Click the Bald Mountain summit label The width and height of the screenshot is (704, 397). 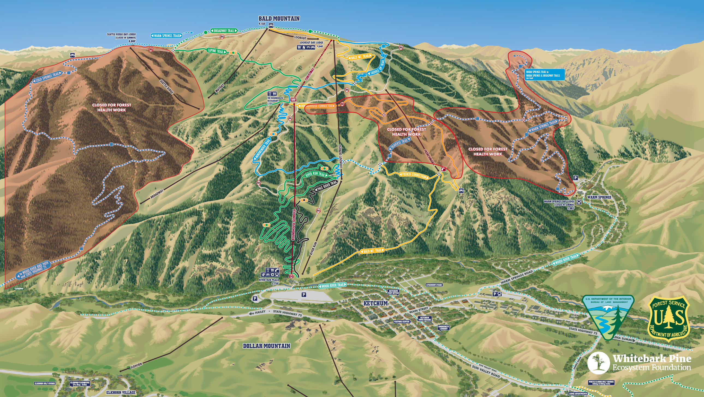click(x=279, y=19)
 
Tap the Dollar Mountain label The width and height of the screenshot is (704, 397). click(x=267, y=346)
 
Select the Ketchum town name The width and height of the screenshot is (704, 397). click(x=375, y=303)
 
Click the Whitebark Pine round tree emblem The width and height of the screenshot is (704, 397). click(x=598, y=363)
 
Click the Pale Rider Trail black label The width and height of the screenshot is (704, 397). click(x=326, y=186)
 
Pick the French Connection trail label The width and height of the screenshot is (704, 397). click(x=414, y=175)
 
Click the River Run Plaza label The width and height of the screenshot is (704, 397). click(x=269, y=280)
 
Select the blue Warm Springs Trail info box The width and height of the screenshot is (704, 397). click(x=545, y=74)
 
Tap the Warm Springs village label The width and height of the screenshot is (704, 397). click(x=599, y=197)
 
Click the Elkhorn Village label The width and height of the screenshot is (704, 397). click(x=121, y=392)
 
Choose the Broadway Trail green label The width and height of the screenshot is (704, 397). click(x=224, y=31)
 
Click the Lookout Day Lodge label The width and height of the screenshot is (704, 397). click(x=311, y=43)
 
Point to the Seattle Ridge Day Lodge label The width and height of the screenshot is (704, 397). click(x=121, y=34)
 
